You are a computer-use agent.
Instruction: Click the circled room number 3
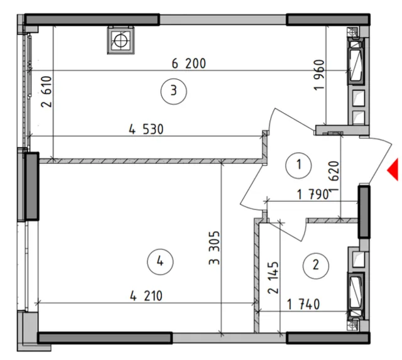(174, 91)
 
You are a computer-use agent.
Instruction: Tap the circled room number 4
(160, 261)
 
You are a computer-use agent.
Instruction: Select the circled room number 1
(298, 165)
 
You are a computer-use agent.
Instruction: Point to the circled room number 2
(315, 266)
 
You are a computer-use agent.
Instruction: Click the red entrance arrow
(394, 170)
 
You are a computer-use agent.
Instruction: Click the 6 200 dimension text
(189, 63)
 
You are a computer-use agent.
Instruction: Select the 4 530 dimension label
(146, 129)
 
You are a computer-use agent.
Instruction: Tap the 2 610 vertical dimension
(46, 92)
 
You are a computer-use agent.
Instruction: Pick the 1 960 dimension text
(319, 75)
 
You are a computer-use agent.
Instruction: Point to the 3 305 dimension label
(214, 248)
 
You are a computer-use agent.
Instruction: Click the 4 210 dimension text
(146, 296)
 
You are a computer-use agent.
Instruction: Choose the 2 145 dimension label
(273, 278)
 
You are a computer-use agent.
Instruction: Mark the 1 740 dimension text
(303, 305)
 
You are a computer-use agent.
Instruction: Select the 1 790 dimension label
(313, 195)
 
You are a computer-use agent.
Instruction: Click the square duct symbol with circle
(121, 40)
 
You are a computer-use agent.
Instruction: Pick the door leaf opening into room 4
(252, 185)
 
